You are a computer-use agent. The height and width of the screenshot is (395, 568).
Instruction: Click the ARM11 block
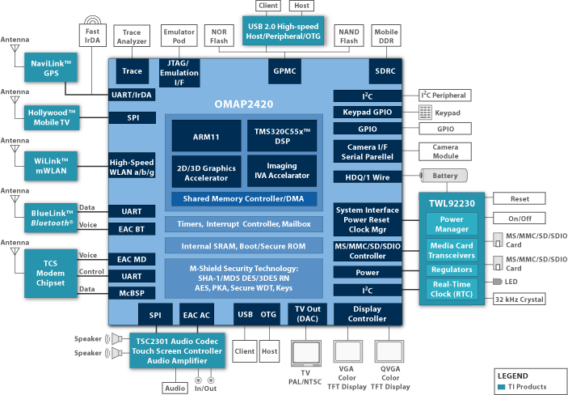tap(203, 135)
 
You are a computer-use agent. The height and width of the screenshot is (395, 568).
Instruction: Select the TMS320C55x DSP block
tap(281, 135)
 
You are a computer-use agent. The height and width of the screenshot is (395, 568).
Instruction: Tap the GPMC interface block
tap(284, 70)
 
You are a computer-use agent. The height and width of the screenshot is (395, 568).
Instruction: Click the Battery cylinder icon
tap(442, 176)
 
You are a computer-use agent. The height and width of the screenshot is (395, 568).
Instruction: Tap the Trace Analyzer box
tap(131, 36)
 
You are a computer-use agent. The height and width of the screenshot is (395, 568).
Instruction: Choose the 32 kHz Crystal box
tap(520, 299)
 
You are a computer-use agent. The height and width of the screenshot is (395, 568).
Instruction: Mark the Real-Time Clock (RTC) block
tap(452, 288)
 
